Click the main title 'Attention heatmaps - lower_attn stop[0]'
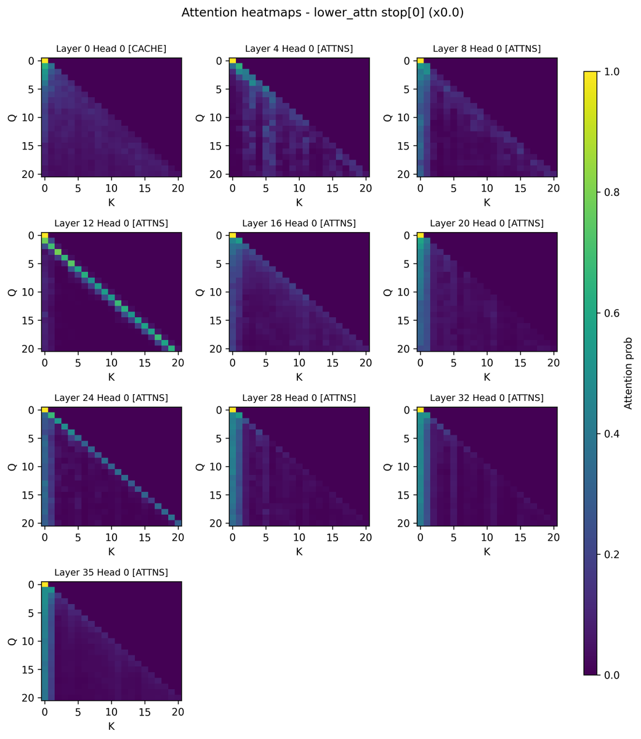pos(322,13)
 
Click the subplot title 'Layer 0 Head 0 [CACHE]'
pos(111,49)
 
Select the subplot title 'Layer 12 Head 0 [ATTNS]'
pos(111,223)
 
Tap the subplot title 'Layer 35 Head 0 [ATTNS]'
pos(111,572)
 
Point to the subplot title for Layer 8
pos(486,49)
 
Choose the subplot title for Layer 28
pos(299,398)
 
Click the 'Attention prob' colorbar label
pos(629,373)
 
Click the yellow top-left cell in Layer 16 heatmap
pos(232,235)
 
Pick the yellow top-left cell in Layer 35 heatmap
pos(44,584)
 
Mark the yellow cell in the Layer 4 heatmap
pos(232,60)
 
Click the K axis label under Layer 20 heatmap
pos(486,377)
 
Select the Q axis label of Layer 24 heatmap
pos(12,466)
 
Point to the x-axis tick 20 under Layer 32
pos(554,536)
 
